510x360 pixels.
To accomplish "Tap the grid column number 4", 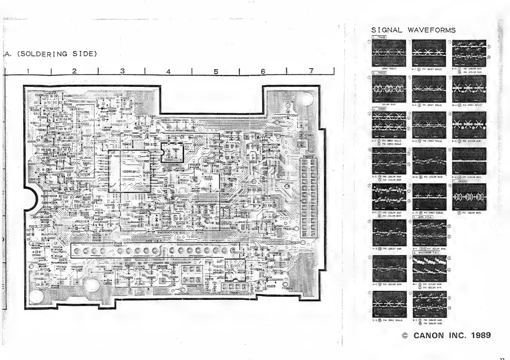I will point(169,70).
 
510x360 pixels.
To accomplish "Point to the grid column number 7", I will point(311,70).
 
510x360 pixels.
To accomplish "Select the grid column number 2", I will point(74,70).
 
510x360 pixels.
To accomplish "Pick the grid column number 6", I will point(263,70).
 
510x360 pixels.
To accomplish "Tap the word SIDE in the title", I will point(83,54).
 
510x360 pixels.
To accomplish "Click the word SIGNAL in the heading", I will point(387,30).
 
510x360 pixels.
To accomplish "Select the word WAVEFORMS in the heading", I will point(432,30).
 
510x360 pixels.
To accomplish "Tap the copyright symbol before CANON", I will point(405,336).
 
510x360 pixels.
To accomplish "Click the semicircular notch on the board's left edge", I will point(28,200).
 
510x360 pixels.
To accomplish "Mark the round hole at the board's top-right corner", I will point(307,99).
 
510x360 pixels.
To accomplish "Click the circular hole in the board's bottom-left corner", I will point(37,295).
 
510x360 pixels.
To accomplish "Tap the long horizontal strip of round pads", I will point(154,251).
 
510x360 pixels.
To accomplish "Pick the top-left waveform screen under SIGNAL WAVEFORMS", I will point(388,53).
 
